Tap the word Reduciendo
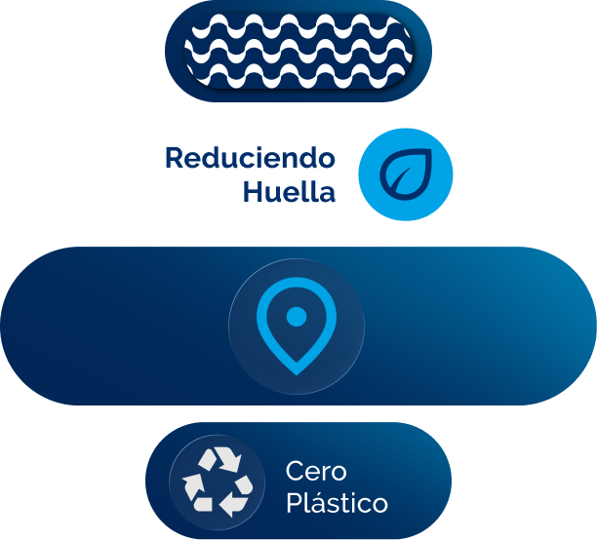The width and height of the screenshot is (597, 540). point(250,158)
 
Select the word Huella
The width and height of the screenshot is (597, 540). point(289,192)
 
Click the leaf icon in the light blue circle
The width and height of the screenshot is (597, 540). point(405,176)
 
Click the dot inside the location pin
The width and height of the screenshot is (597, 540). point(296,316)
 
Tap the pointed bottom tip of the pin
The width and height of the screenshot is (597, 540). point(296,369)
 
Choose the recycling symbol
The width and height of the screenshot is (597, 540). point(217,481)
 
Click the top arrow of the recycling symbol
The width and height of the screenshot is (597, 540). point(220,459)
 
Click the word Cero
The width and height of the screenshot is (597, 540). point(316,472)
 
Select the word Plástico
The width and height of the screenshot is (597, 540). point(337,504)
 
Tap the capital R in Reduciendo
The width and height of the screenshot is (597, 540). point(174,158)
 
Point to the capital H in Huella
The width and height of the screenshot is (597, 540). point(252,192)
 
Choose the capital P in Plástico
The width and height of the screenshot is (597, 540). point(293,504)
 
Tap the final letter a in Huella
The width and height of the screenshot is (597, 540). point(327,194)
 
